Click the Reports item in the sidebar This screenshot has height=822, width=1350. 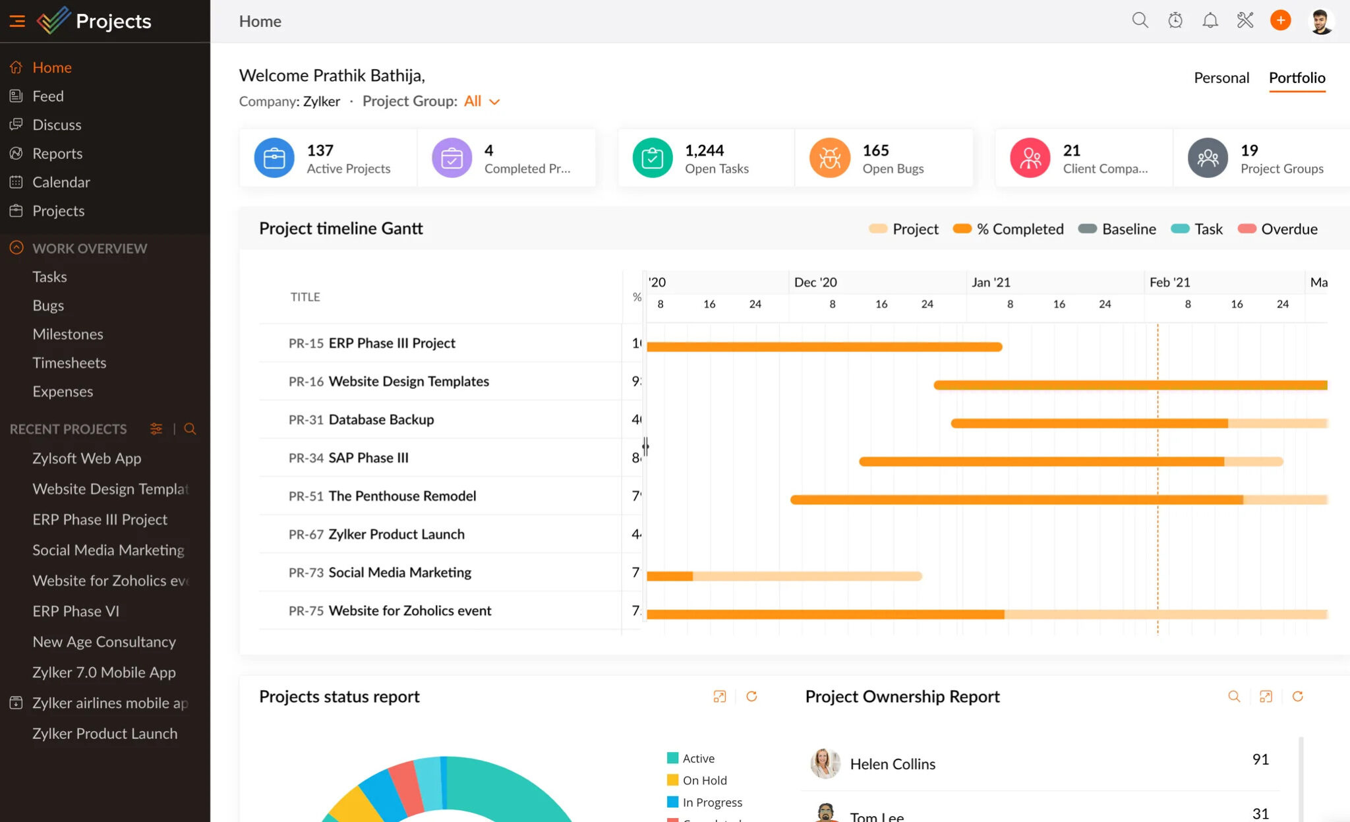[57, 154]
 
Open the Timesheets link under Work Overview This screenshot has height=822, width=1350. [69, 363]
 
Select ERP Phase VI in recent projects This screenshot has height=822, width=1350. [76, 611]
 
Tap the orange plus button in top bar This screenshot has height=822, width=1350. [1280, 20]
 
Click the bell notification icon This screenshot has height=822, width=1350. [1210, 20]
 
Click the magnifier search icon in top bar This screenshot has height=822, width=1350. [1140, 20]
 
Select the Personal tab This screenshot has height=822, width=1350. [1221, 78]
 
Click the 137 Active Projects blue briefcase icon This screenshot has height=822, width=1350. [274, 158]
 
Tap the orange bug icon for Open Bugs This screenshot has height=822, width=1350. [830, 158]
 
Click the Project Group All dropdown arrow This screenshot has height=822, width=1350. [494, 102]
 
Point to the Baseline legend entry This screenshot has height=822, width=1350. [1117, 229]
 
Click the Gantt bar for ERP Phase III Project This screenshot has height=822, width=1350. [824, 347]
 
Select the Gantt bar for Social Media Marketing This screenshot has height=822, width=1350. [784, 576]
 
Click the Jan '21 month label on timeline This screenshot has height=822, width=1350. [990, 282]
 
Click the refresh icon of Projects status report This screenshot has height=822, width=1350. [751, 697]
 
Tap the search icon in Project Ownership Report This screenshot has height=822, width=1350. [1234, 697]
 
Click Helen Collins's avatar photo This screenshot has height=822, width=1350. [825, 763]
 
